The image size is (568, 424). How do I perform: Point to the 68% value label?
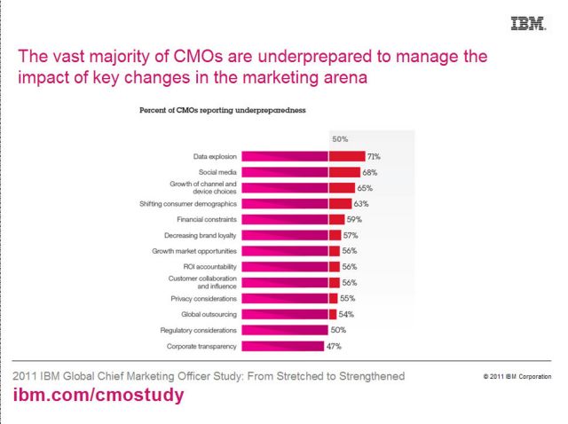pos(371,172)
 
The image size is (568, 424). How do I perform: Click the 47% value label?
pos(334,346)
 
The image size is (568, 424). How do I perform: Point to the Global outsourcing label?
pos(209,314)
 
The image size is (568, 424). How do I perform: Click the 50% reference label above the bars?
pos(340,139)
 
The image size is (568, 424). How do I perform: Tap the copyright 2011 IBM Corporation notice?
pos(517,377)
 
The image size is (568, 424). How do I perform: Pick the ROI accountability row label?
pos(209,266)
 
